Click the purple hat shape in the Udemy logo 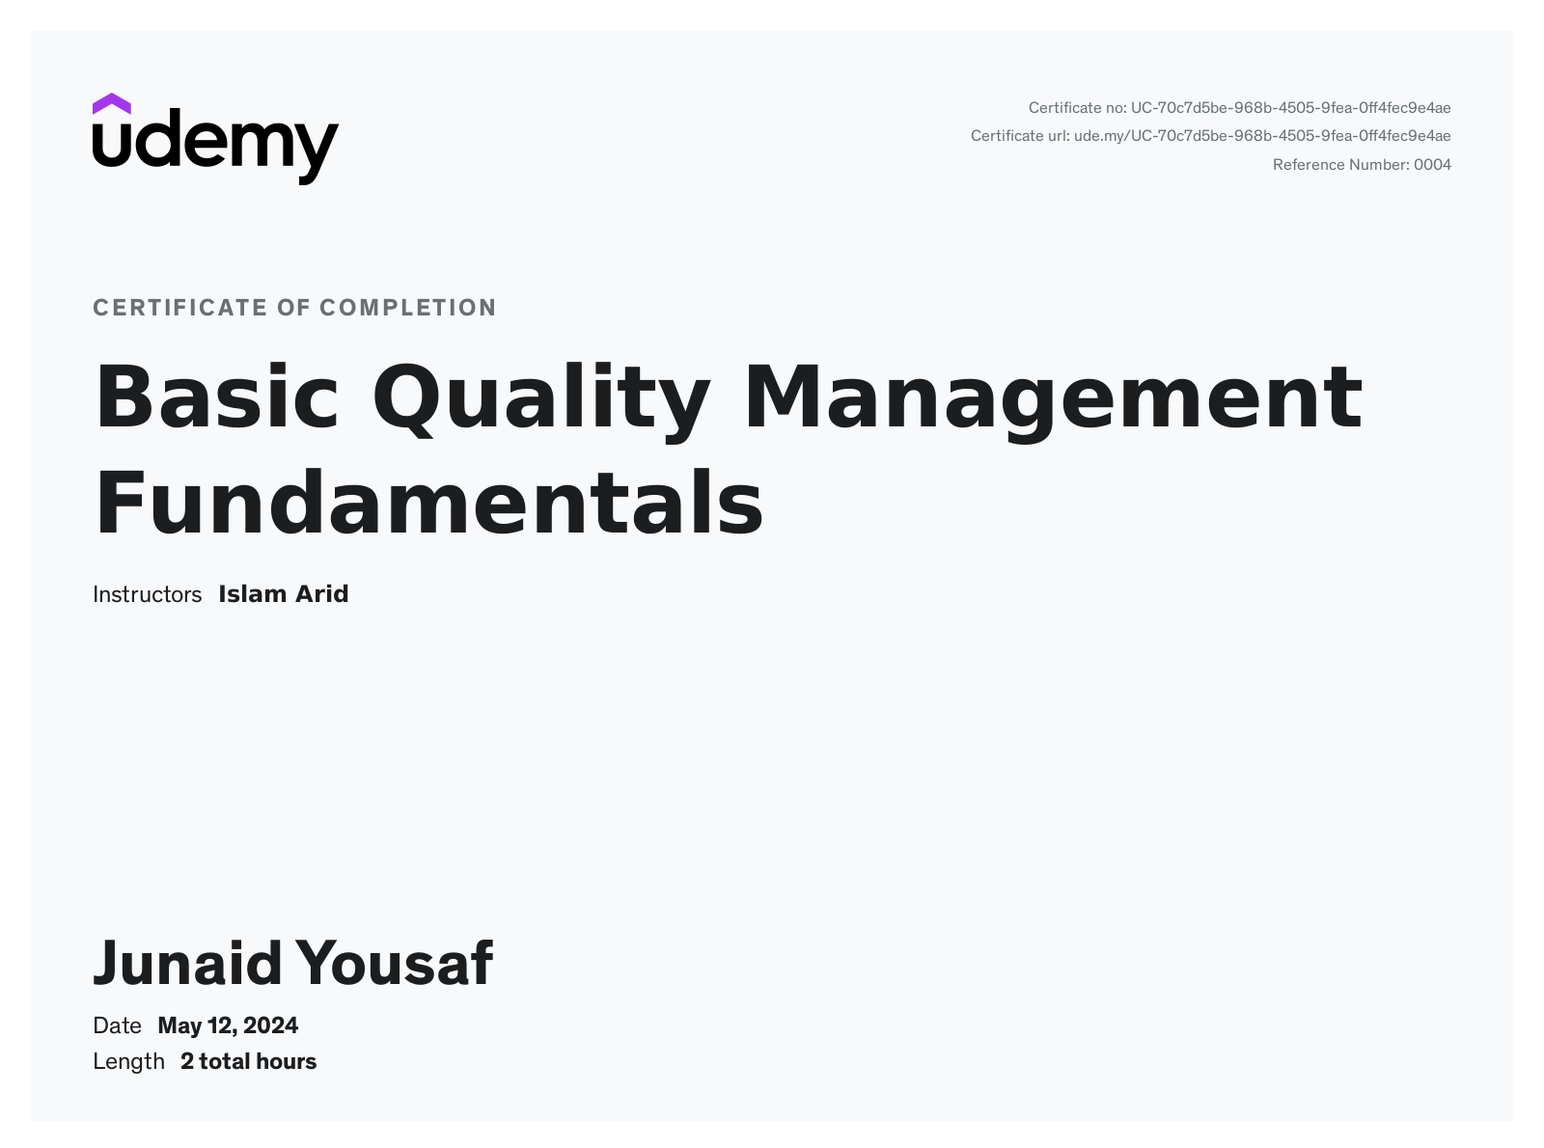pos(111,104)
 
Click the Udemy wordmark pos(216,147)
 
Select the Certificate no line pos(1239,108)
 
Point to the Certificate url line pos(1210,136)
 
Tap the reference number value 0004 pos(1432,165)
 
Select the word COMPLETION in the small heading pos(408,308)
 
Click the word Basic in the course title pos(216,396)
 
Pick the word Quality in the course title pos(541,400)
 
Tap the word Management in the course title pos(1053,401)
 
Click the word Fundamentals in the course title pos(429,502)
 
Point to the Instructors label pos(147,594)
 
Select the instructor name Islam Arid pos(284,594)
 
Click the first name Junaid pos(187,963)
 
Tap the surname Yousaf pos(394,963)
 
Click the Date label pos(117,1025)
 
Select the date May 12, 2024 pos(228,1026)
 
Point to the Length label pos(128,1062)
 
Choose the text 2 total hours pos(249,1062)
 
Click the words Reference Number pos(1340,165)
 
